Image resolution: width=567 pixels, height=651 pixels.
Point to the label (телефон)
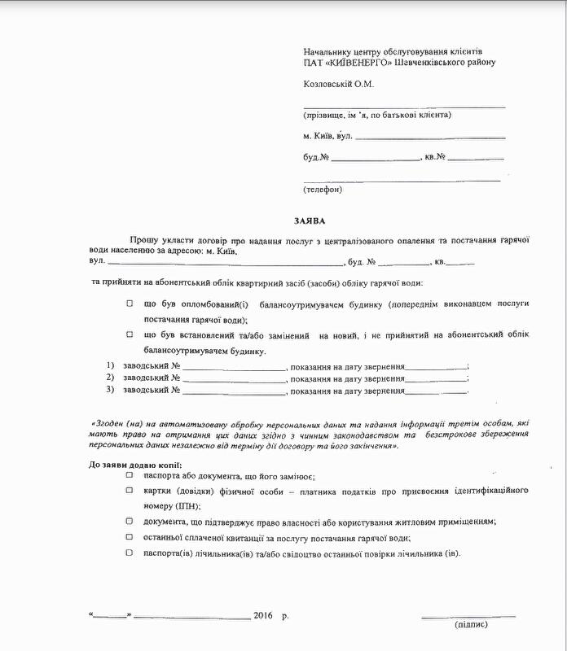coord(323,190)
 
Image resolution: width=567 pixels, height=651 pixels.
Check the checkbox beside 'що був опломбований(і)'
coord(130,304)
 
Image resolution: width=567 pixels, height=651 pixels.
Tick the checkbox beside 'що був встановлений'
coord(130,334)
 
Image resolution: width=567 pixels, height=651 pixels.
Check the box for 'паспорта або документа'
coord(130,474)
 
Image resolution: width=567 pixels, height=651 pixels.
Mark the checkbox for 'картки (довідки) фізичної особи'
coord(130,490)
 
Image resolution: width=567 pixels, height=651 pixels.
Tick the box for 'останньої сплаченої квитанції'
coord(130,537)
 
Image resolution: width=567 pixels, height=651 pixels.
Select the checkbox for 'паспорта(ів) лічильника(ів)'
coord(130,553)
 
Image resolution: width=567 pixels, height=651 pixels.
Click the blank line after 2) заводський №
coord(235,379)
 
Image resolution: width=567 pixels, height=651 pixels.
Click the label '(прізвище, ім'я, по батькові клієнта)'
coord(377,115)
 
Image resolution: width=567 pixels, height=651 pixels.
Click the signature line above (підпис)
coord(469,616)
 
